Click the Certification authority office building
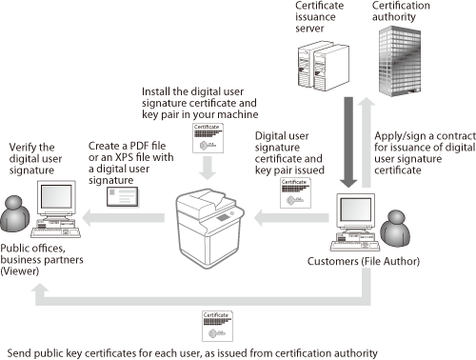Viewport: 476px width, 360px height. [x=400, y=61]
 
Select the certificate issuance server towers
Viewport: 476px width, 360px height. [x=323, y=66]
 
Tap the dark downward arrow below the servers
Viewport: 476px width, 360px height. [x=348, y=142]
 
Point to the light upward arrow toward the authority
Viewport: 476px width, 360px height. [x=367, y=142]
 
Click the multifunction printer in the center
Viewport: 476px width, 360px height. [x=209, y=229]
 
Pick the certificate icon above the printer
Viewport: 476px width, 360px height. [x=208, y=138]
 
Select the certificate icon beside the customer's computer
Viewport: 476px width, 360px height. [x=295, y=193]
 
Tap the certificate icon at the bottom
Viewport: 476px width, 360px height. [x=217, y=326]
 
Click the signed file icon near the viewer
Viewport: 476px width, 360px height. [x=122, y=197]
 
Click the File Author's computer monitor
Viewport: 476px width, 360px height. [x=355, y=210]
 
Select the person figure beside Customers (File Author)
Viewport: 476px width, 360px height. [x=395, y=229]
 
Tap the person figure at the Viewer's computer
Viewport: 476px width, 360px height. [x=14, y=213]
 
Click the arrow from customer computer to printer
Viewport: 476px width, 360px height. [x=291, y=217]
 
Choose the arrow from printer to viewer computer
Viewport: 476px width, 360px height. [x=123, y=217]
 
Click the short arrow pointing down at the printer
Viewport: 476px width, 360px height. [x=208, y=169]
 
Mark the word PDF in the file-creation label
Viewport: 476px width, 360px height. [x=138, y=146]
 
